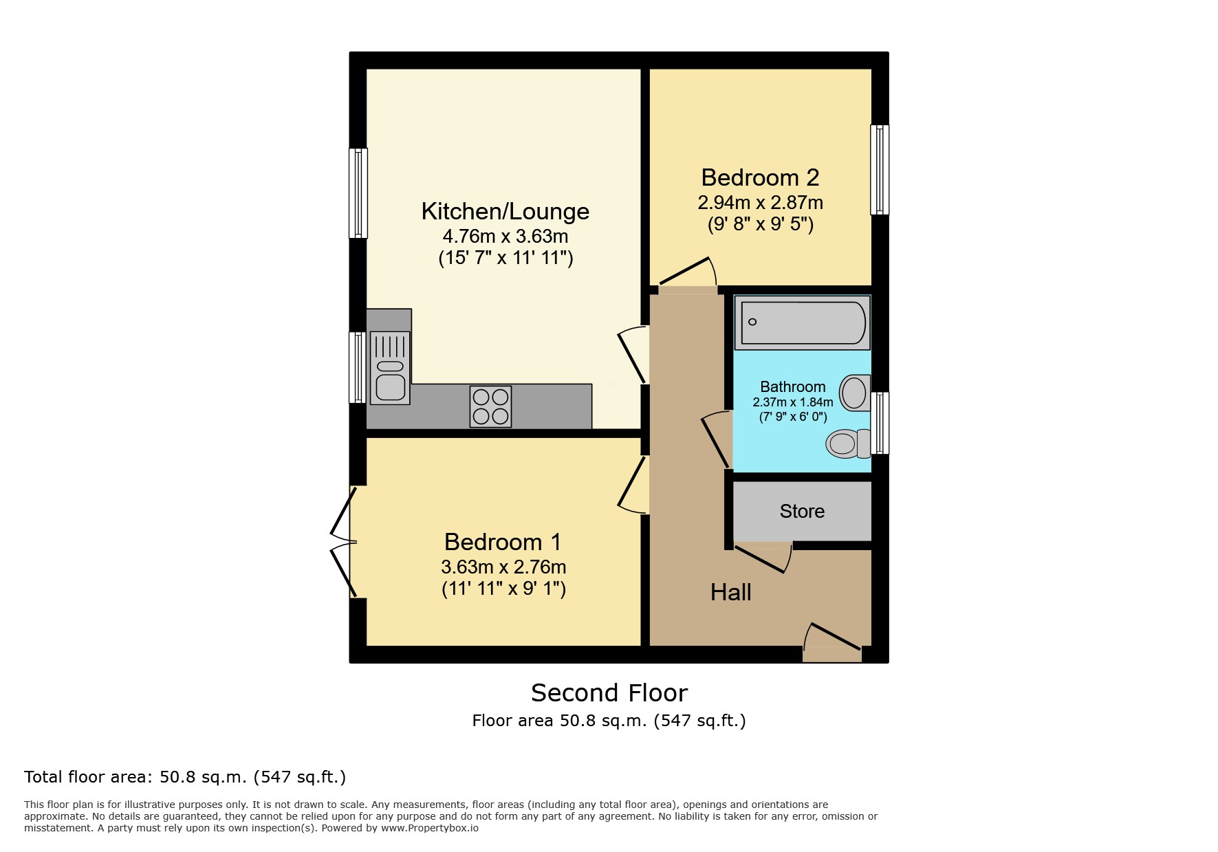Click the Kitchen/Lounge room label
[x=505, y=212]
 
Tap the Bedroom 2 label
[x=760, y=177]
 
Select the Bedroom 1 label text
[x=503, y=542]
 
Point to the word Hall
[x=730, y=592]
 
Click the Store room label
[x=802, y=511]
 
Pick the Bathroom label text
[x=792, y=386]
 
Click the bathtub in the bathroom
[x=802, y=323]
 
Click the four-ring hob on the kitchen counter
[x=490, y=406]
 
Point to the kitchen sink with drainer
[x=390, y=368]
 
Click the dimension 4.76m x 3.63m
[x=505, y=237]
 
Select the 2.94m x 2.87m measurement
[x=760, y=203]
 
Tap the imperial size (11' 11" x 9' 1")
[x=503, y=589]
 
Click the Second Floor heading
[x=609, y=692]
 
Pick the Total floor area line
[x=185, y=777]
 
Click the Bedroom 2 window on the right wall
[x=880, y=170]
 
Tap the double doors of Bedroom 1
[x=344, y=542]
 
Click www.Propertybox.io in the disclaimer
[x=429, y=828]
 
